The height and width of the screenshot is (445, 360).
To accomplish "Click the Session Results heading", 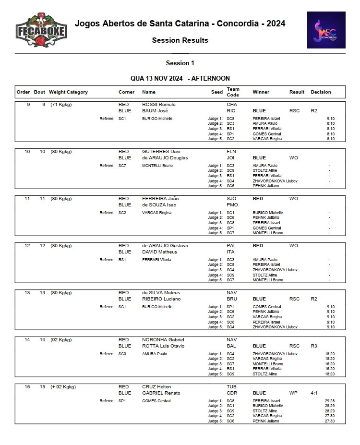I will point(180,40).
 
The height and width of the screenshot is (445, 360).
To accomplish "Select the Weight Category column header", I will point(68,92).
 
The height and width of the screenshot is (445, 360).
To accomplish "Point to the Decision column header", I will point(321,92).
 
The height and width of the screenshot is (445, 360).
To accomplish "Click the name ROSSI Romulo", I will point(159,105).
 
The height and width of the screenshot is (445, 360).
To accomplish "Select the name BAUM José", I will point(155,111).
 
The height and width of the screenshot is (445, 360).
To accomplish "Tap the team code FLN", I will point(231,152).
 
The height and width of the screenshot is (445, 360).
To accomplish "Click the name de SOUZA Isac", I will point(159,205).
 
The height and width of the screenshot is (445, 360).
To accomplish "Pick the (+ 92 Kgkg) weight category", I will point(63,387).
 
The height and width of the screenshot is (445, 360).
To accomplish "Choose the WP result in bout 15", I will point(293,393).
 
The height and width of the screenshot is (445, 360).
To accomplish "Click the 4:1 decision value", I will point(314,393).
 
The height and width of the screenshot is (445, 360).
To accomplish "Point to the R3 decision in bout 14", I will point(314,346).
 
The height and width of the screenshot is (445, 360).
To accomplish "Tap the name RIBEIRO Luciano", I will point(161,299).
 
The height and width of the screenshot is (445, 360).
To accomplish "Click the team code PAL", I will point(231,246).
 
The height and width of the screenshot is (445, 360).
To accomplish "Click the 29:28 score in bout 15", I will point(330,401).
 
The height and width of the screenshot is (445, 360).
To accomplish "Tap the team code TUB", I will point(231,387).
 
